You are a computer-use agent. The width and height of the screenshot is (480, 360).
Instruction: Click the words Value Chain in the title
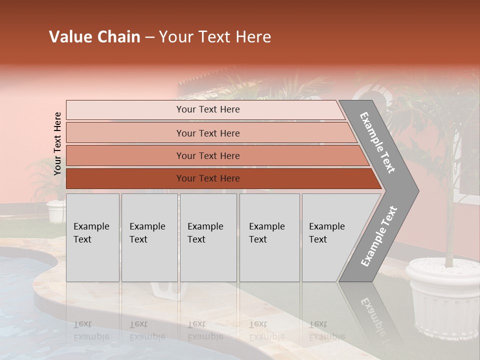coord(94,37)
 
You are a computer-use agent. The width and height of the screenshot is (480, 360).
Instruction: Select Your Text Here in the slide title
coord(215,37)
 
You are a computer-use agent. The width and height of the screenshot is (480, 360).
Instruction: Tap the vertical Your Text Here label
coord(57,143)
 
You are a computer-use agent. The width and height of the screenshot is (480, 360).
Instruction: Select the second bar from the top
coord(207,133)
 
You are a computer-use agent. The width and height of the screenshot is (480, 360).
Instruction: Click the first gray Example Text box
coord(92,237)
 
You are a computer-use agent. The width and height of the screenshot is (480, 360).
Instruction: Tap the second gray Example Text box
coord(149,237)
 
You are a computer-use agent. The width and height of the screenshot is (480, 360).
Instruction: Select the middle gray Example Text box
coord(208,237)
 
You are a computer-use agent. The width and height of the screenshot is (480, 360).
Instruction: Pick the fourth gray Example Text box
coord(269,237)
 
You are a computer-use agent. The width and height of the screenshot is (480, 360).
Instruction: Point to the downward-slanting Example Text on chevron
coord(377,143)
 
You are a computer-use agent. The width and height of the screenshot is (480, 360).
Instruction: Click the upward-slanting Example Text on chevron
coord(378,237)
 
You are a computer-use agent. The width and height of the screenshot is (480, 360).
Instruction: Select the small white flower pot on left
coord(56,211)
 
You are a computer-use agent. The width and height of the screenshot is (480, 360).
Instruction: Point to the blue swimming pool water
coord(25,310)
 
